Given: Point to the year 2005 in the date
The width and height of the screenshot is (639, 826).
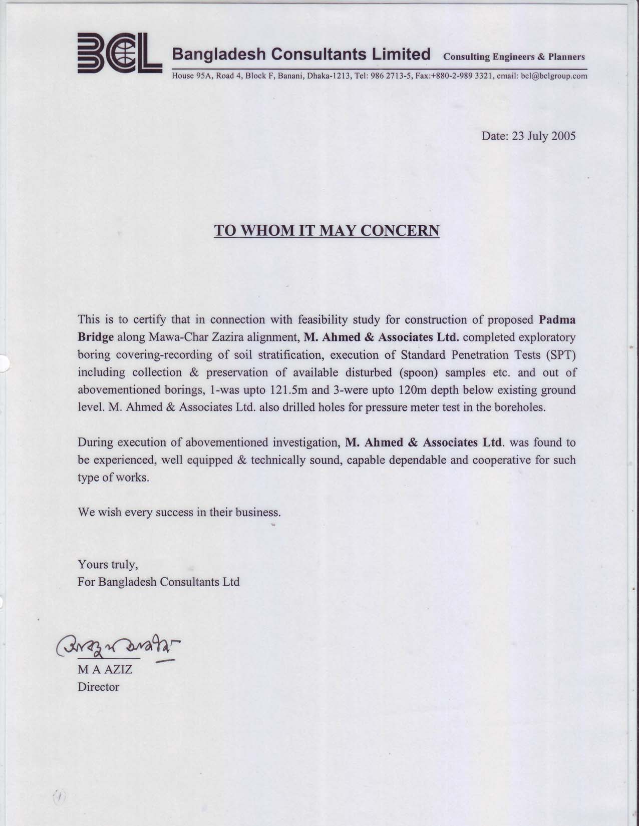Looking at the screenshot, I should tap(563, 136).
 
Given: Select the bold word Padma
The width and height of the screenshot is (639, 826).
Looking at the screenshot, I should tap(557, 319).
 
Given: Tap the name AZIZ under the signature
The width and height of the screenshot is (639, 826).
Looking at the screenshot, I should tap(118, 669).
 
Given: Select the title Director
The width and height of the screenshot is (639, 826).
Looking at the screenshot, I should tap(98, 687).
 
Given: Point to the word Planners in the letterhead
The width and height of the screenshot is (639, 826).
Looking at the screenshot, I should tap(566, 57).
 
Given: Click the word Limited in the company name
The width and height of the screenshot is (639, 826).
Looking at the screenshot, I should tap(401, 54).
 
